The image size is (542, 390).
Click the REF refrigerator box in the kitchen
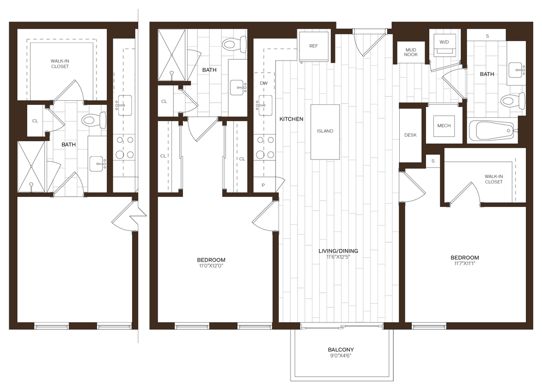[314, 46]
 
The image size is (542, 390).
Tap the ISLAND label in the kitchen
[325, 131]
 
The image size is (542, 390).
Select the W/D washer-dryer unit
[444, 45]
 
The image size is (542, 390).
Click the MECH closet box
[444, 126]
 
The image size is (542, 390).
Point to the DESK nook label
[410, 135]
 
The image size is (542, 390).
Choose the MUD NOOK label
[411, 52]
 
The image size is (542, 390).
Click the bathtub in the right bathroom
[492, 131]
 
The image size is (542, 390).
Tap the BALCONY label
[341, 349]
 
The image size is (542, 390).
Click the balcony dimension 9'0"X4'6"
[341, 356]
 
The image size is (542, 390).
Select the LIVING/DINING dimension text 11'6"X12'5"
[338, 257]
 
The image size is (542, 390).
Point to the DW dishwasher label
[264, 83]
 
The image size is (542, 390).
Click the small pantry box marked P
[263, 185]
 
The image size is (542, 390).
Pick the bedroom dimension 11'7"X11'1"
[465, 264]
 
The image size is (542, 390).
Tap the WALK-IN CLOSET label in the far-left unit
[60, 63]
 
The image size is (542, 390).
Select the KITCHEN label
[291, 119]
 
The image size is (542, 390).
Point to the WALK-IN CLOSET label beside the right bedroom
[493, 179]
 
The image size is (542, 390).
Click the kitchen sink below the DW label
[265, 103]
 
